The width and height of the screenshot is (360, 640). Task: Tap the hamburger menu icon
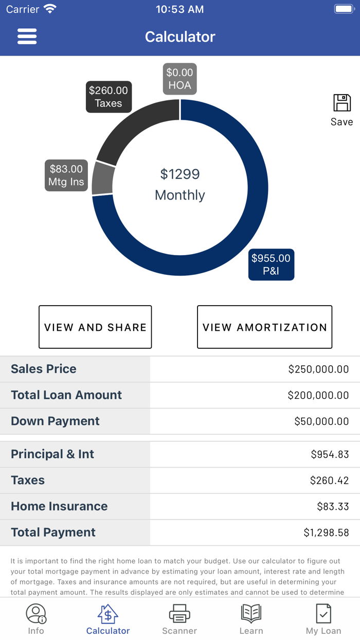[27, 37]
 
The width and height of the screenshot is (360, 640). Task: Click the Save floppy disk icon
[342, 103]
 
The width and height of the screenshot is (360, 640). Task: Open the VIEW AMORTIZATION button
[264, 327]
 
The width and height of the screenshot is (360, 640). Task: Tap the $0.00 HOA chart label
[179, 79]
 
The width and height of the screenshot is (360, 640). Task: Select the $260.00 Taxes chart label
[109, 97]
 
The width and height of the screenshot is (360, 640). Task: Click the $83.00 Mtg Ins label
[66, 175]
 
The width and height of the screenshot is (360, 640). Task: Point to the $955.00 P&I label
[271, 264]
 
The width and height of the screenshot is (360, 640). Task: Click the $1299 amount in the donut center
[179, 174]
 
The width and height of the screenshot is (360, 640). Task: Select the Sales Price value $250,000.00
[318, 369]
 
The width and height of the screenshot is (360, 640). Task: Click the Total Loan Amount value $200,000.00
[318, 395]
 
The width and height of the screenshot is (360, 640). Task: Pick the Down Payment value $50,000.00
[321, 421]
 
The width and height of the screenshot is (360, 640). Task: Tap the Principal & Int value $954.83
[330, 454]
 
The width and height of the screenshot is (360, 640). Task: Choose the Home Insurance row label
[59, 506]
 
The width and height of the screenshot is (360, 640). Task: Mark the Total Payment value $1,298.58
[326, 532]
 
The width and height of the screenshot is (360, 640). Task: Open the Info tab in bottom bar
[36, 619]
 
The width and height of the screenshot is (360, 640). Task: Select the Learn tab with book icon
[251, 619]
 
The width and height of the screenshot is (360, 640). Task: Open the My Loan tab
[323, 619]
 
